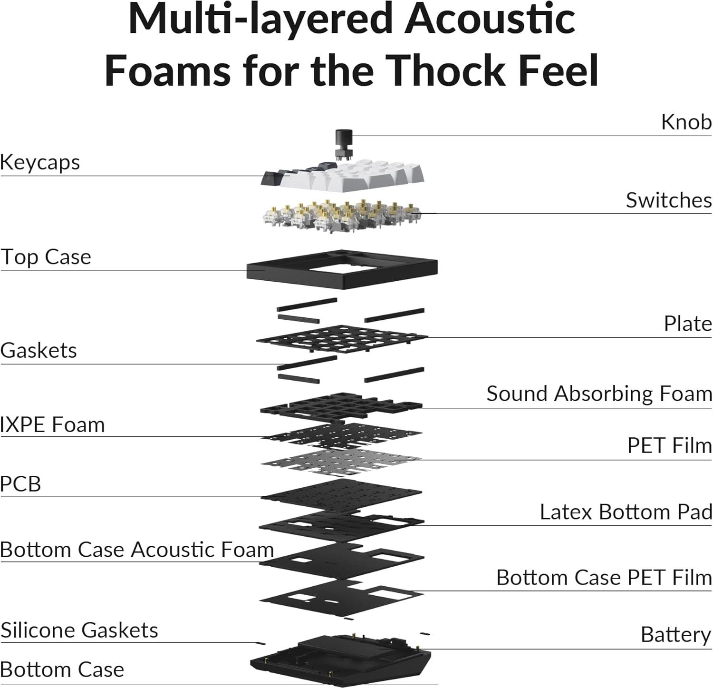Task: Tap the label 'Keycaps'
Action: click(x=40, y=162)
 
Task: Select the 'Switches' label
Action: click(x=668, y=200)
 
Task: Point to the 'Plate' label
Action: click(x=687, y=324)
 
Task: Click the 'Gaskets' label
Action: click(x=39, y=351)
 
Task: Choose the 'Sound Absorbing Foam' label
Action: click(x=599, y=394)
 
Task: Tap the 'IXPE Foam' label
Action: click(x=52, y=424)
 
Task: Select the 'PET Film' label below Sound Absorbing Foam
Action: click(x=669, y=446)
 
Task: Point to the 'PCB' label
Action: click(x=20, y=484)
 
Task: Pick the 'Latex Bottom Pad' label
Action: click(x=626, y=512)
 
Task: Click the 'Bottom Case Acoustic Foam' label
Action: click(x=137, y=550)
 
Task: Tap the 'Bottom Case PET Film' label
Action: click(x=604, y=578)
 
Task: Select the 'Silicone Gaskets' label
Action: click(x=79, y=630)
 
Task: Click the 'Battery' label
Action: click(x=675, y=635)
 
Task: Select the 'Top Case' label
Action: click(x=46, y=257)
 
